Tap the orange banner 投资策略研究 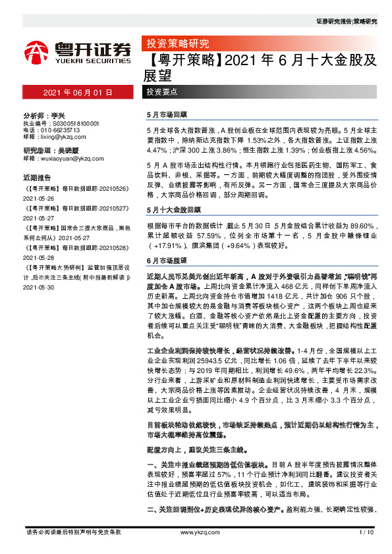177,44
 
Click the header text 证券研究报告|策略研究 347,22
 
